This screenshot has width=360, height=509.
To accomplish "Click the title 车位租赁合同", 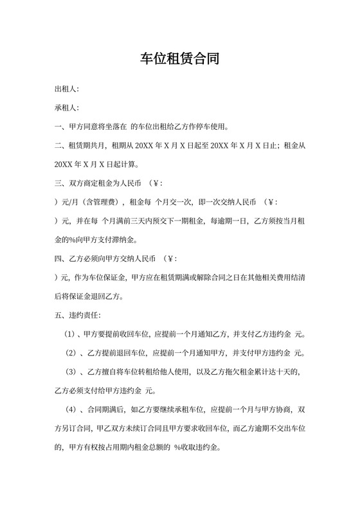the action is tap(180, 60).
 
